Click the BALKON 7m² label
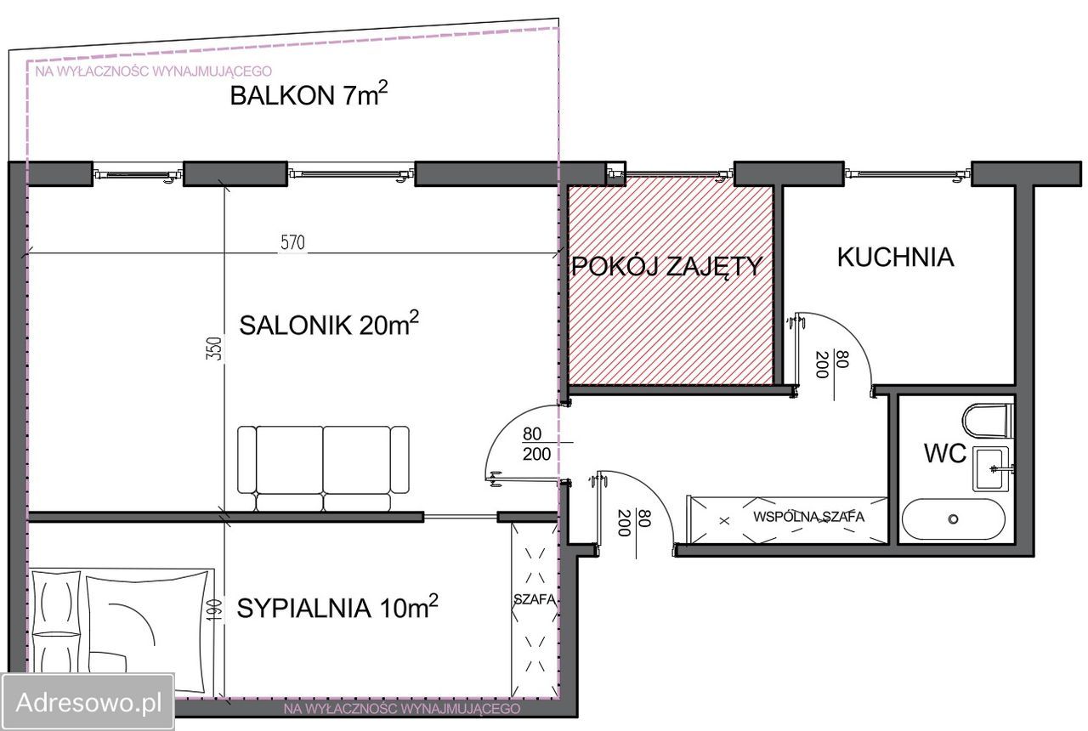309,95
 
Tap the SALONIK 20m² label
329,325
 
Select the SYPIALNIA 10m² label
337,608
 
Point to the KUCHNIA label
895,258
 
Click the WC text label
945,455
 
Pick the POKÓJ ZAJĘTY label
666,267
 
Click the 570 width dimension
292,243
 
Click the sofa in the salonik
323,468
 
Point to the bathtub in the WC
953,518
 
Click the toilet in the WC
988,419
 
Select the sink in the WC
991,467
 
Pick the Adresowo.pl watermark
88,702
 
